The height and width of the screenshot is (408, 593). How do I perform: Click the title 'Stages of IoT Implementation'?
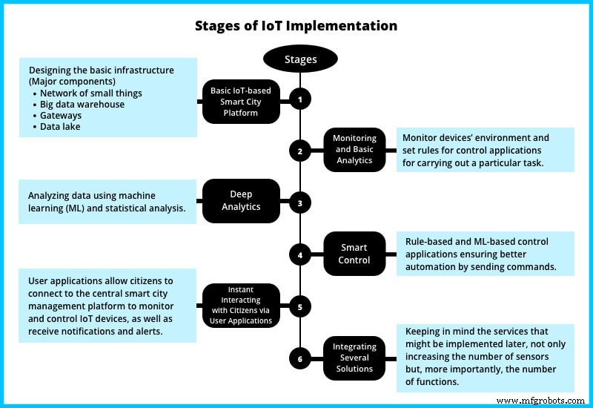pyautogui.click(x=296, y=26)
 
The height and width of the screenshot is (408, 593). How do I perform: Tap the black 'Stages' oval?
pyautogui.click(x=300, y=59)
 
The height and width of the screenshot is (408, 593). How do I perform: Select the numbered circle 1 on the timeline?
pyautogui.click(x=300, y=99)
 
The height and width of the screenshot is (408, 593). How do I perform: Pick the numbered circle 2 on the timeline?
pyautogui.click(x=300, y=151)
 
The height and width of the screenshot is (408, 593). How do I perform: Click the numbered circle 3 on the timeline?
pyautogui.click(x=300, y=202)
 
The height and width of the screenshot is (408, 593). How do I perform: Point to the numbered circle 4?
pyautogui.click(x=300, y=255)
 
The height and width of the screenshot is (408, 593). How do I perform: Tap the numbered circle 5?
pyautogui.click(x=300, y=306)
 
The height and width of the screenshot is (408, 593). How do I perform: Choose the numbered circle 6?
pyautogui.click(x=300, y=359)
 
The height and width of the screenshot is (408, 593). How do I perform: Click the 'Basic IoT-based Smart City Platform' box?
pyautogui.click(x=241, y=101)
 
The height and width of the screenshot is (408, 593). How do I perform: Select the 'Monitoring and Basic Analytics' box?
pyautogui.click(x=354, y=150)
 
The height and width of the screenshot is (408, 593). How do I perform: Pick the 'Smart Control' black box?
pyautogui.click(x=354, y=254)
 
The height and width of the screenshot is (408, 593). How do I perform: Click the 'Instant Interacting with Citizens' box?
pyautogui.click(x=241, y=306)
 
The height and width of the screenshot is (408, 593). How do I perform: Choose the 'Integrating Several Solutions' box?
pyautogui.click(x=354, y=358)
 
